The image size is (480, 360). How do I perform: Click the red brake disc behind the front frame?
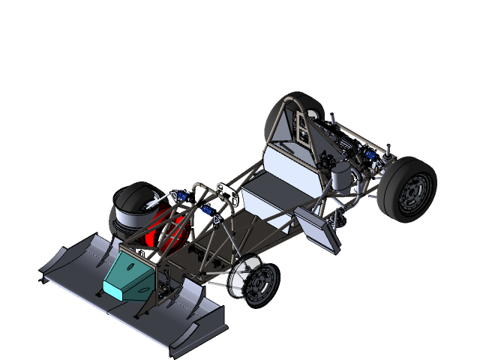tap(168, 229)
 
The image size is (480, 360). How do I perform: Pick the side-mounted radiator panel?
tap(317, 229)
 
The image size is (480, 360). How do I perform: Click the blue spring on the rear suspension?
tap(369, 156)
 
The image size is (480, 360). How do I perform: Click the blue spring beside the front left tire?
tap(180, 197)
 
